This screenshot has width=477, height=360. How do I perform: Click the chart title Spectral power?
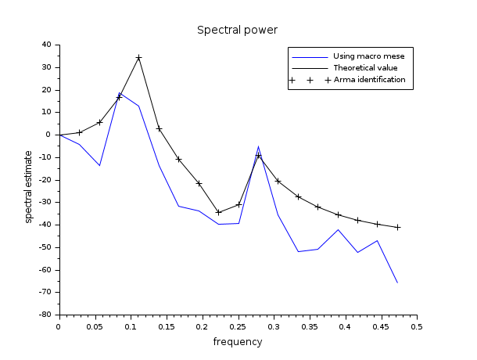click(x=237, y=31)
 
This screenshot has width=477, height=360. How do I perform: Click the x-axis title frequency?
click(x=237, y=342)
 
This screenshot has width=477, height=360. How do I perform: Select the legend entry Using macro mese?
click(x=369, y=56)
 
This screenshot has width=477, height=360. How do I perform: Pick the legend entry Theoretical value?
click(x=365, y=68)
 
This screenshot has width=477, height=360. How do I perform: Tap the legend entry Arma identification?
click(x=369, y=80)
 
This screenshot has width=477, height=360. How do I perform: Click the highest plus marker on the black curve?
click(x=138, y=58)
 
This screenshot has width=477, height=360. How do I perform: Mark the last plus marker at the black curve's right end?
click(x=397, y=227)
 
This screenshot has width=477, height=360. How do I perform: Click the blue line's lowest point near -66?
click(x=397, y=283)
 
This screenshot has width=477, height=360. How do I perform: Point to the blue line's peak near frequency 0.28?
click(x=258, y=146)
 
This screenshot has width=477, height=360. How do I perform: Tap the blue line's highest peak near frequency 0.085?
click(x=120, y=93)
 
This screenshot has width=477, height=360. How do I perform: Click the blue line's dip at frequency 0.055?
click(x=99, y=165)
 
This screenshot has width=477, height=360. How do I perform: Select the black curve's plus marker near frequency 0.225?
click(x=218, y=212)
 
